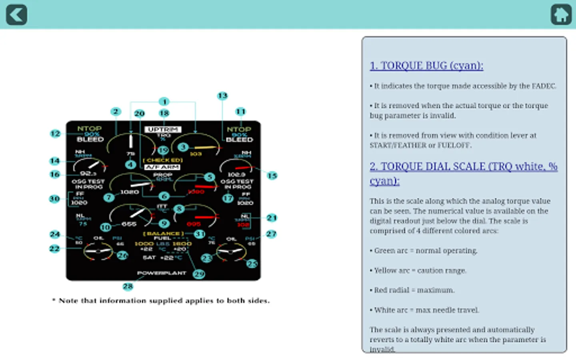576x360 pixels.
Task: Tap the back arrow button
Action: pyautogui.click(x=16, y=15)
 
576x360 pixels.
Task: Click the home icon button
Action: pyautogui.click(x=561, y=15)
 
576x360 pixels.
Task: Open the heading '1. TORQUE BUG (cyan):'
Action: pyautogui.click(x=426, y=66)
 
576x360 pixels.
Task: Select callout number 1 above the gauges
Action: pyautogui.click(x=164, y=102)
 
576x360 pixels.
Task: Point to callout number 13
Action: pyautogui.click(x=222, y=96)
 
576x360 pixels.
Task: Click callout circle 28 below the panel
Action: pyautogui.click(x=128, y=286)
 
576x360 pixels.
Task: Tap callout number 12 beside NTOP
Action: pyautogui.click(x=55, y=134)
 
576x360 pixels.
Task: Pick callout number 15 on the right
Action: pyautogui.click(x=272, y=176)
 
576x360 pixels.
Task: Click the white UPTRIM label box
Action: pyautogui.click(x=163, y=130)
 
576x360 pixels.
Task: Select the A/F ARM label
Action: pyautogui.click(x=162, y=167)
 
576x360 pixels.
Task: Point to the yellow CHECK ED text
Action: pyautogui.click(x=163, y=160)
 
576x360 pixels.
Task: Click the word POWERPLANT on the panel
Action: pyautogui.click(x=162, y=273)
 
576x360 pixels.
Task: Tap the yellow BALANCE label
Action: pyautogui.click(x=163, y=234)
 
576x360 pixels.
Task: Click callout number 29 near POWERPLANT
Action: pyautogui.click(x=199, y=274)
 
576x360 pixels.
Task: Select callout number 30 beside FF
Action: pyautogui.click(x=54, y=199)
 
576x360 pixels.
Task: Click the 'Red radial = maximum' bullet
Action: pyautogui.click(x=414, y=290)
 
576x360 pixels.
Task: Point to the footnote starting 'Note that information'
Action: pyautogui.click(x=161, y=301)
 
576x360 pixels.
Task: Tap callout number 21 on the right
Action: pyautogui.click(x=272, y=218)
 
